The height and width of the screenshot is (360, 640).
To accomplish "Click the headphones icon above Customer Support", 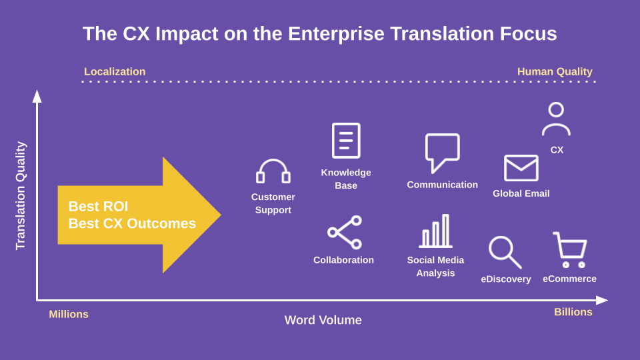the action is [x=273, y=161].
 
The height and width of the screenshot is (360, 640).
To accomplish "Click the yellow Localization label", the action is [x=115, y=71].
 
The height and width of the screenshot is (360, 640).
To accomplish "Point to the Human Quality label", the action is [x=555, y=71].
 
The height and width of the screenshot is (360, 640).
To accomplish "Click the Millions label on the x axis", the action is [x=69, y=314].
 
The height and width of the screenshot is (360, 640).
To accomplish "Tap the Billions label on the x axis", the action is [x=573, y=312].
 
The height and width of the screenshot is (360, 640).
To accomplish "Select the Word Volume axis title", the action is [x=323, y=320].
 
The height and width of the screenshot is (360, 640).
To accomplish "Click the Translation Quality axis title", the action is [x=21, y=195].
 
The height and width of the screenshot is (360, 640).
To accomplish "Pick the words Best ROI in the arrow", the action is [x=99, y=206].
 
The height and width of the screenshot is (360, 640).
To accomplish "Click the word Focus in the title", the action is [x=529, y=33].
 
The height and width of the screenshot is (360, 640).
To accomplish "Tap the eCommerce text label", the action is [x=569, y=279].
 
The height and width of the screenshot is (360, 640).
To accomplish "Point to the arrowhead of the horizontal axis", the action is [x=602, y=301].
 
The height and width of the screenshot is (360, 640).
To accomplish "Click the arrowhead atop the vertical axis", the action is [x=37, y=96].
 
